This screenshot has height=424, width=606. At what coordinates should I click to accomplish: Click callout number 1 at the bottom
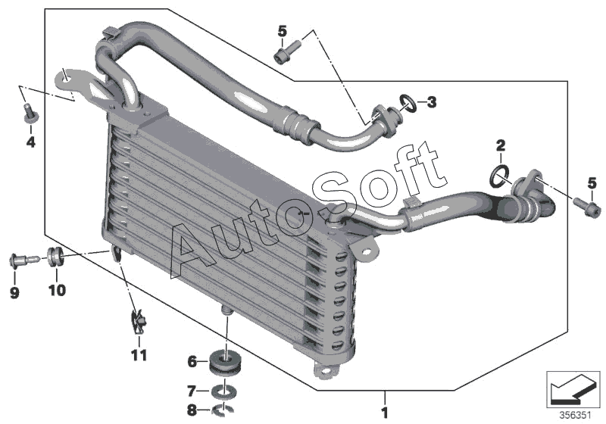[x=385, y=413]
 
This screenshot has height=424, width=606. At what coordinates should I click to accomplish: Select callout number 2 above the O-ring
[x=500, y=144]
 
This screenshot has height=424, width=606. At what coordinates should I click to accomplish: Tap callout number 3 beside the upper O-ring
[x=432, y=101]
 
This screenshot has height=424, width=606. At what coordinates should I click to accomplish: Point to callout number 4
[x=30, y=141]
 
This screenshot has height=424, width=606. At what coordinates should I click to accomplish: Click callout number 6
[x=192, y=362]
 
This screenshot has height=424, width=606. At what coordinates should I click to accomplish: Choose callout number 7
[x=192, y=391]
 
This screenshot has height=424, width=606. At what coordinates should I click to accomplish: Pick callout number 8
[x=192, y=410]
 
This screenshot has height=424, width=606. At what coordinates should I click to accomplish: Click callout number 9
[x=14, y=292]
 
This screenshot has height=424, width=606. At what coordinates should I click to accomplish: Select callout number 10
[x=58, y=290]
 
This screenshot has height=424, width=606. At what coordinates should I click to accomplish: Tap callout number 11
[x=138, y=354]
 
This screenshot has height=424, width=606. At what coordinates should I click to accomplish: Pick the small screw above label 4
[x=30, y=114]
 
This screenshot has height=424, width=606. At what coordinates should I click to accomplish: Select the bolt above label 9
[x=20, y=260]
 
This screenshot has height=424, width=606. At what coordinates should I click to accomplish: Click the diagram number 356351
[x=575, y=414]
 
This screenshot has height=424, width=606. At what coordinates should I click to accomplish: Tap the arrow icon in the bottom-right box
[x=573, y=389]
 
